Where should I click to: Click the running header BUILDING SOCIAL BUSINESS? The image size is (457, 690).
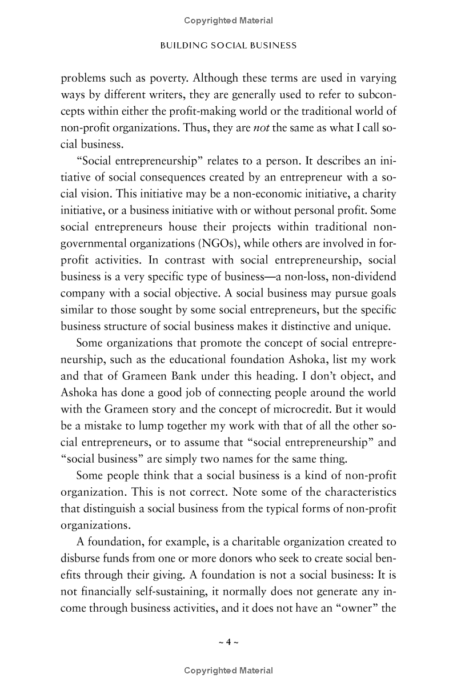tap(228, 45)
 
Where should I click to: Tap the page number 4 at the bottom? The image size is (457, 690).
tap(228, 641)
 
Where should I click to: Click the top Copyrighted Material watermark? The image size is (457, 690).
tap(228, 21)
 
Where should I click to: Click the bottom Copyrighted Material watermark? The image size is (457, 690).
tap(228, 671)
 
